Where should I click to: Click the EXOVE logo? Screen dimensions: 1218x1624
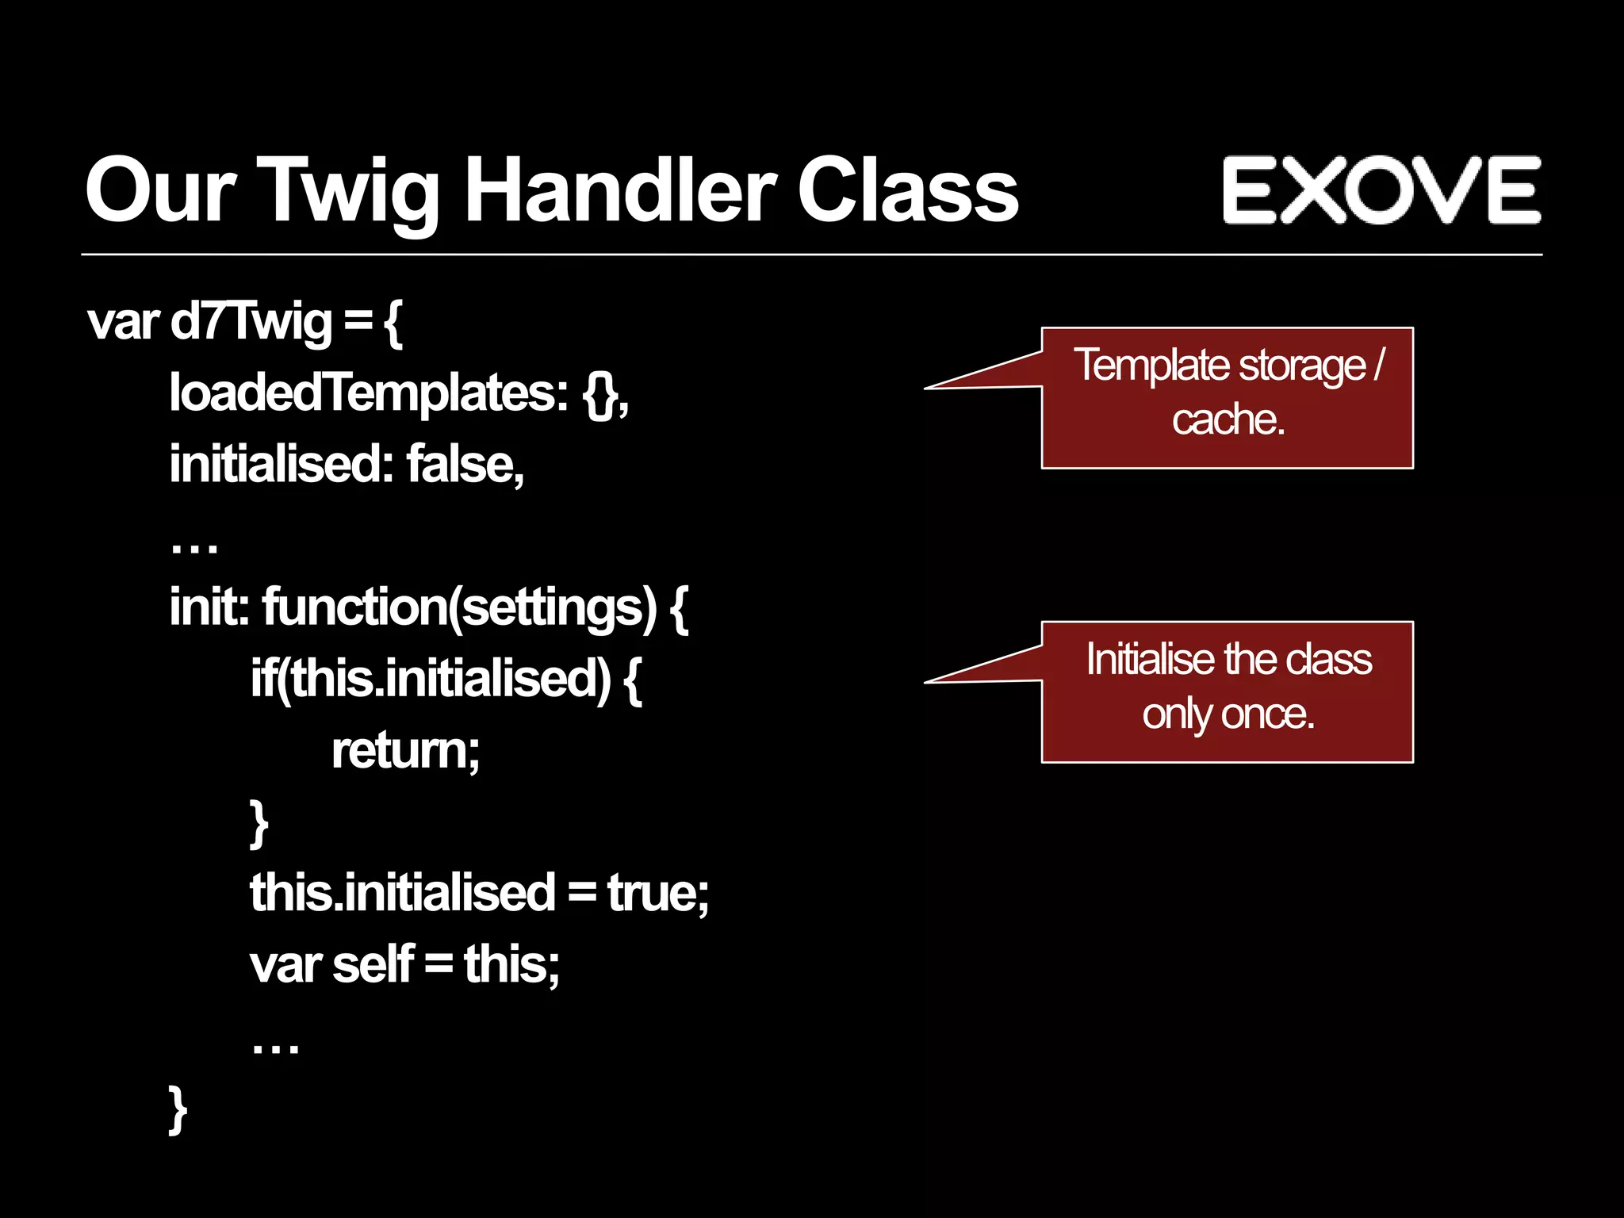click(1381, 190)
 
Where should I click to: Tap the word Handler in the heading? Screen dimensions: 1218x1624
click(619, 190)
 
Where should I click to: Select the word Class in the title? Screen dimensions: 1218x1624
click(907, 190)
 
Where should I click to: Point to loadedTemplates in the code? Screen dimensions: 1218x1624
click(369, 393)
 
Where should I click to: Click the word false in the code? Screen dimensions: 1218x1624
click(464, 465)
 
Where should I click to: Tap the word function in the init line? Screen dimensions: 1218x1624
click(354, 607)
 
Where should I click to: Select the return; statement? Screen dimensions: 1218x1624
click(405, 750)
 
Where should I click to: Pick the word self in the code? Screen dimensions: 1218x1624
click(373, 964)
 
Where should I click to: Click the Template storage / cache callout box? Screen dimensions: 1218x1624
click(1227, 397)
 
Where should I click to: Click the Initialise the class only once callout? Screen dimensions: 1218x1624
click(1227, 691)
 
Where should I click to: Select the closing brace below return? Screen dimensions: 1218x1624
click(259, 823)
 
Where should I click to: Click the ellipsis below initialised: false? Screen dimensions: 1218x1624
click(194, 546)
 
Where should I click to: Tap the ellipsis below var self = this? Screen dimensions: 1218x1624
click(275, 1048)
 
